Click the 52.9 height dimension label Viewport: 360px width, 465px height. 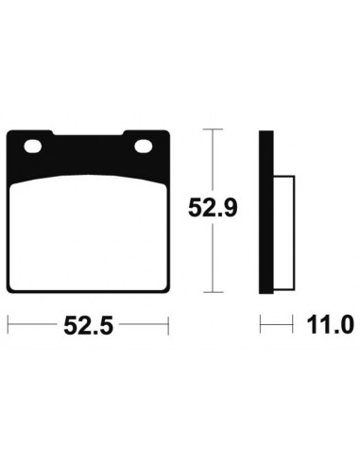point(213,208)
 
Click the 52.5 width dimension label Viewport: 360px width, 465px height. point(88,325)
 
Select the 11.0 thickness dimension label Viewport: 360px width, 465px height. point(330,325)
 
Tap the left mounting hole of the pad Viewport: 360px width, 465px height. point(32,146)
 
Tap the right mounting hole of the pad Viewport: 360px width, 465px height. point(144,146)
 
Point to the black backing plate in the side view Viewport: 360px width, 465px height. point(266,212)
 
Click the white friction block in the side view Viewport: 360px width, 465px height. point(283,232)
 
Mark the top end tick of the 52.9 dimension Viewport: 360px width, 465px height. point(214,129)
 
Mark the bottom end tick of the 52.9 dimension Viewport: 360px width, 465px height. point(214,292)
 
